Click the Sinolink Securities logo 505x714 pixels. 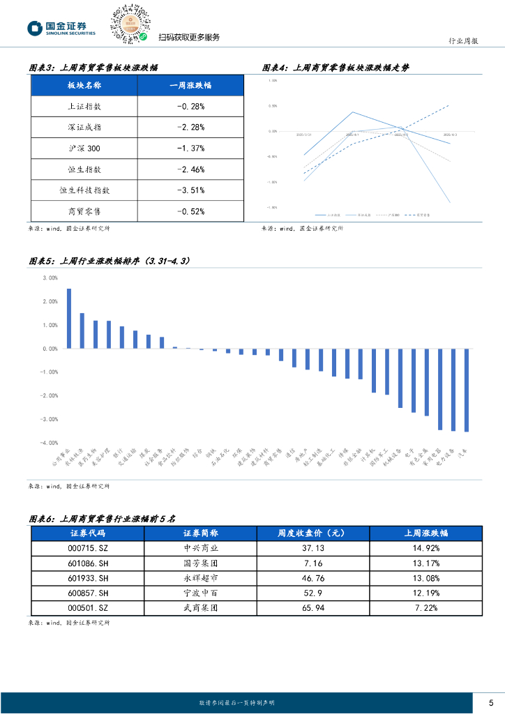point(61,28)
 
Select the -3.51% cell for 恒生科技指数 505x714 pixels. point(190,190)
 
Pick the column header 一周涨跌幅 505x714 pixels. point(190,86)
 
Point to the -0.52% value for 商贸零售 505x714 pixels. point(190,211)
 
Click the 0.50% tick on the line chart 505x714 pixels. point(273,106)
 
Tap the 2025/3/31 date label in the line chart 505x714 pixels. point(304,135)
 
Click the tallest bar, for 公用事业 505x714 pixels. point(68,319)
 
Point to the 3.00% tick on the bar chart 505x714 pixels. point(50,278)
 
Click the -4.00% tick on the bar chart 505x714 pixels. point(50,443)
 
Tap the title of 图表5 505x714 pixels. point(110,261)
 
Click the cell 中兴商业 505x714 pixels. point(200,548)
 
